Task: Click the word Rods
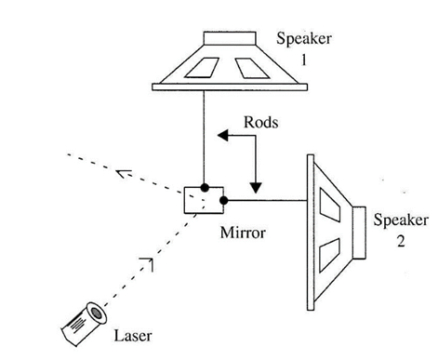tap(261, 121)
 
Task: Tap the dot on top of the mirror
tap(204, 187)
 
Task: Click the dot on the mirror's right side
tap(223, 199)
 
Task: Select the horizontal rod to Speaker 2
tap(265, 199)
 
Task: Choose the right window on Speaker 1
tap(250, 68)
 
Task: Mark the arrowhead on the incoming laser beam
tap(146, 267)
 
